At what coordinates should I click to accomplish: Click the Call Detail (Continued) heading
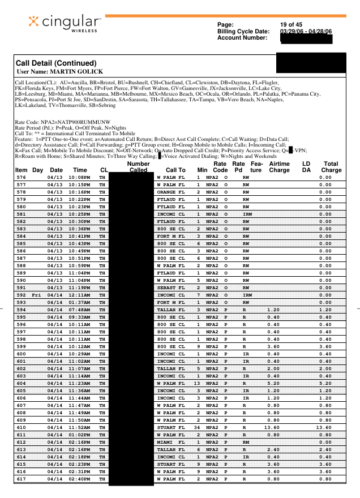[56, 63]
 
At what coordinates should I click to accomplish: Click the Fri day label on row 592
[37, 295]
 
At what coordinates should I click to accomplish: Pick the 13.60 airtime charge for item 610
[272, 428]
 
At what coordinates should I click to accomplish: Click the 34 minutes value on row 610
[198, 428]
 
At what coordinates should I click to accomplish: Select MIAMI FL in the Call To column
[170, 443]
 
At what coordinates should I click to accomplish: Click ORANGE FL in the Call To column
[170, 192]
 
